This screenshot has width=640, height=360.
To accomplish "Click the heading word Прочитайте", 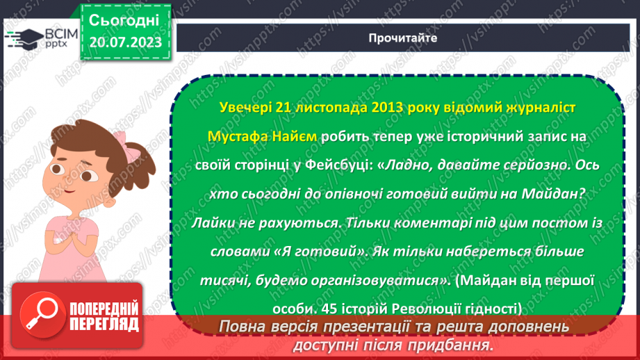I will tap(402, 38).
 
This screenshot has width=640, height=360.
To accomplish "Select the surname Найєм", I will tap(297, 137).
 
